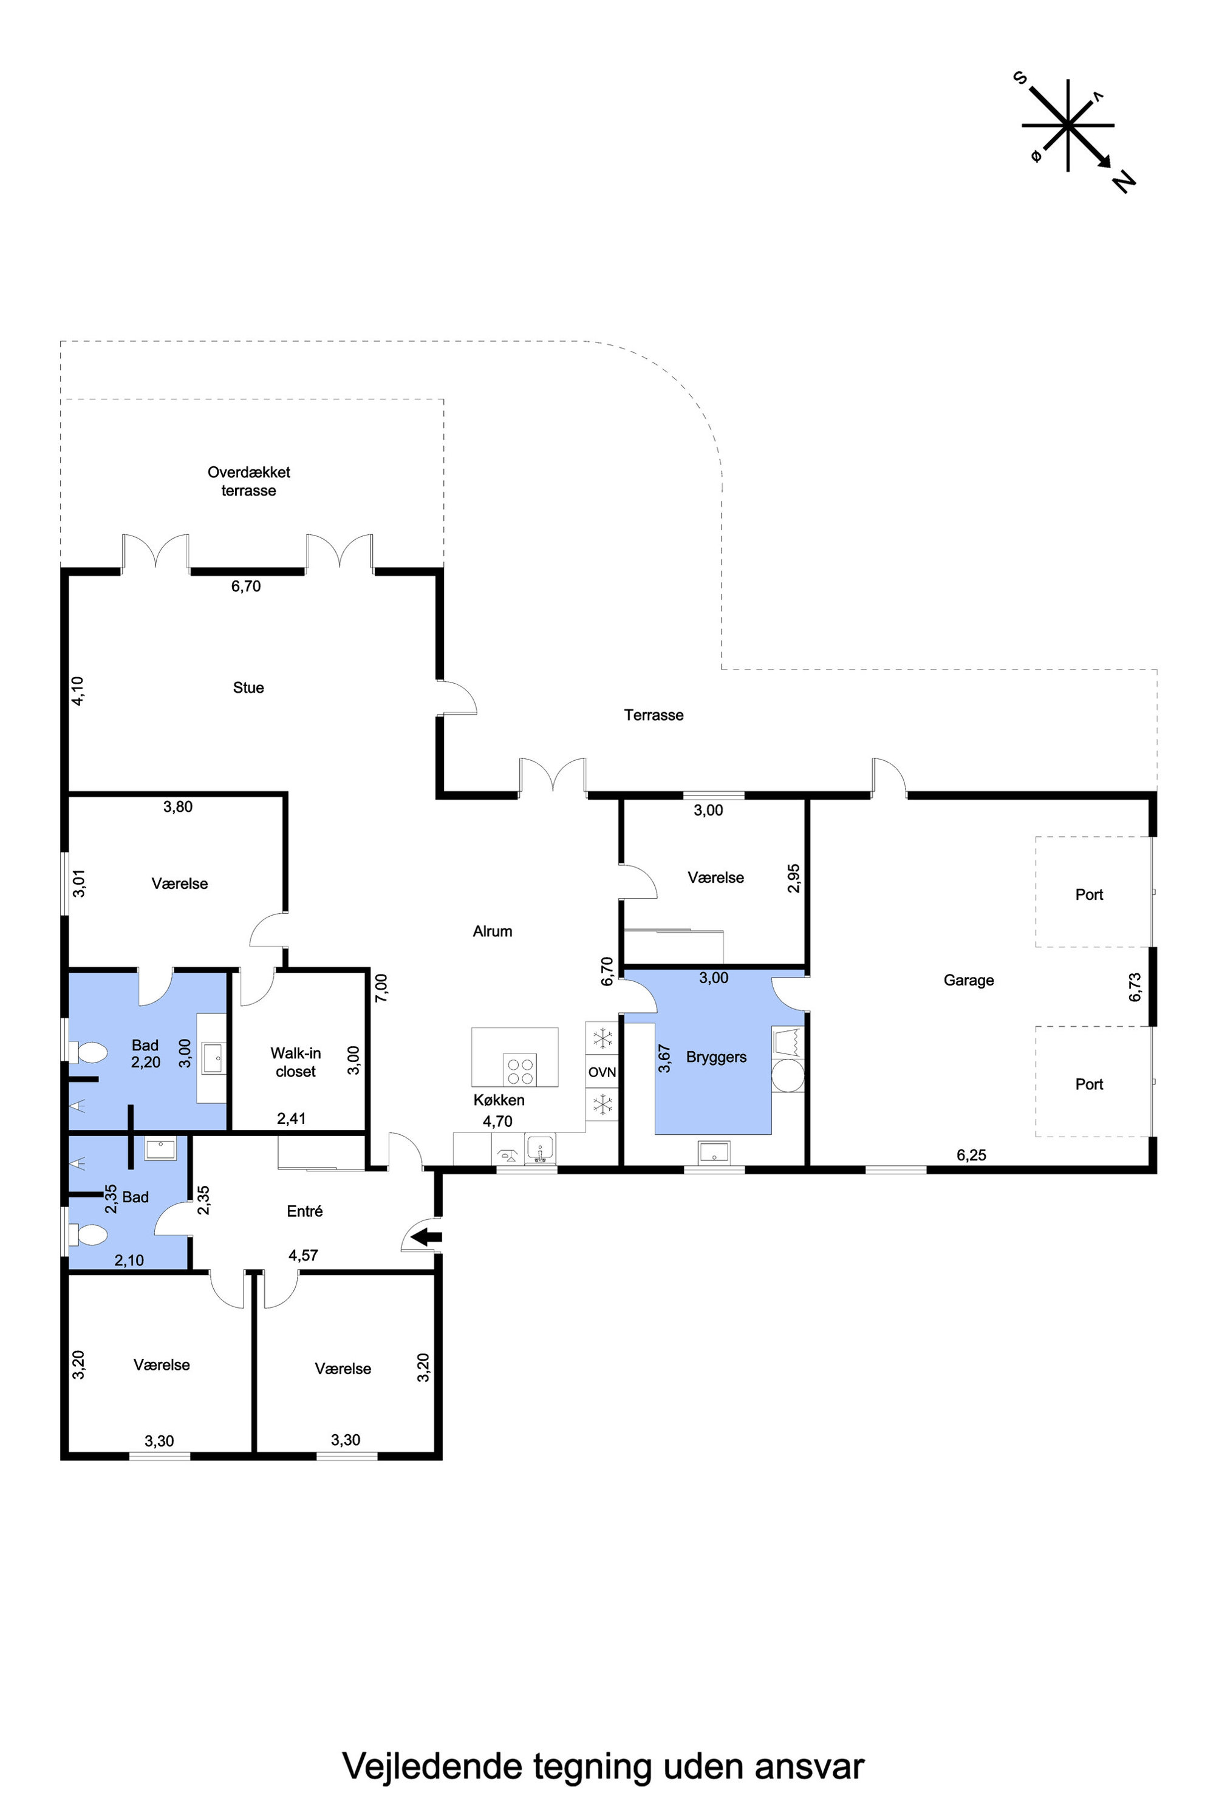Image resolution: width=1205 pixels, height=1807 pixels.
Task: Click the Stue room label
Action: pos(248,687)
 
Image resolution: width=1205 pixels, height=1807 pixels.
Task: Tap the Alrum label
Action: pos(492,931)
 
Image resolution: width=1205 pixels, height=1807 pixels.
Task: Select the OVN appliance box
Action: pos(602,1072)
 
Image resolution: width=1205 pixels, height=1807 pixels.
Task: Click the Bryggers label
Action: pos(716,1057)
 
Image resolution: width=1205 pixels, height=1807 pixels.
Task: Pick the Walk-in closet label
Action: pos(296,1062)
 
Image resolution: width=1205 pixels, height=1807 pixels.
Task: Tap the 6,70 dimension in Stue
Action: pos(246,586)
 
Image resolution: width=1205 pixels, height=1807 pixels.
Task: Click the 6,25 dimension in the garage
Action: pos(971,1155)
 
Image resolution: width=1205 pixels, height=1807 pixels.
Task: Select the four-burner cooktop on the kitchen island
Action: pos(521,1070)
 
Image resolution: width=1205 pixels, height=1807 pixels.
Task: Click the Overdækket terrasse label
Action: pos(249,481)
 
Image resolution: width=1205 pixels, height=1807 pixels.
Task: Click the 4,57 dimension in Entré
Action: pos(304,1256)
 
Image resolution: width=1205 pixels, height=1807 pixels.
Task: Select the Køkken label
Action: pos(499,1100)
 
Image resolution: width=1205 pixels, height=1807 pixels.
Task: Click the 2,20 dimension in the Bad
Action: pos(146,1062)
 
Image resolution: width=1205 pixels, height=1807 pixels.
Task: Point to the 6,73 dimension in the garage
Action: pos(1135,987)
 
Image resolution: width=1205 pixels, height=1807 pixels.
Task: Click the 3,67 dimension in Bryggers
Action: pos(664,1058)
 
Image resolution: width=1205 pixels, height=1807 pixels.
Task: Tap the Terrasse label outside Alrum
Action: pos(654,715)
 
